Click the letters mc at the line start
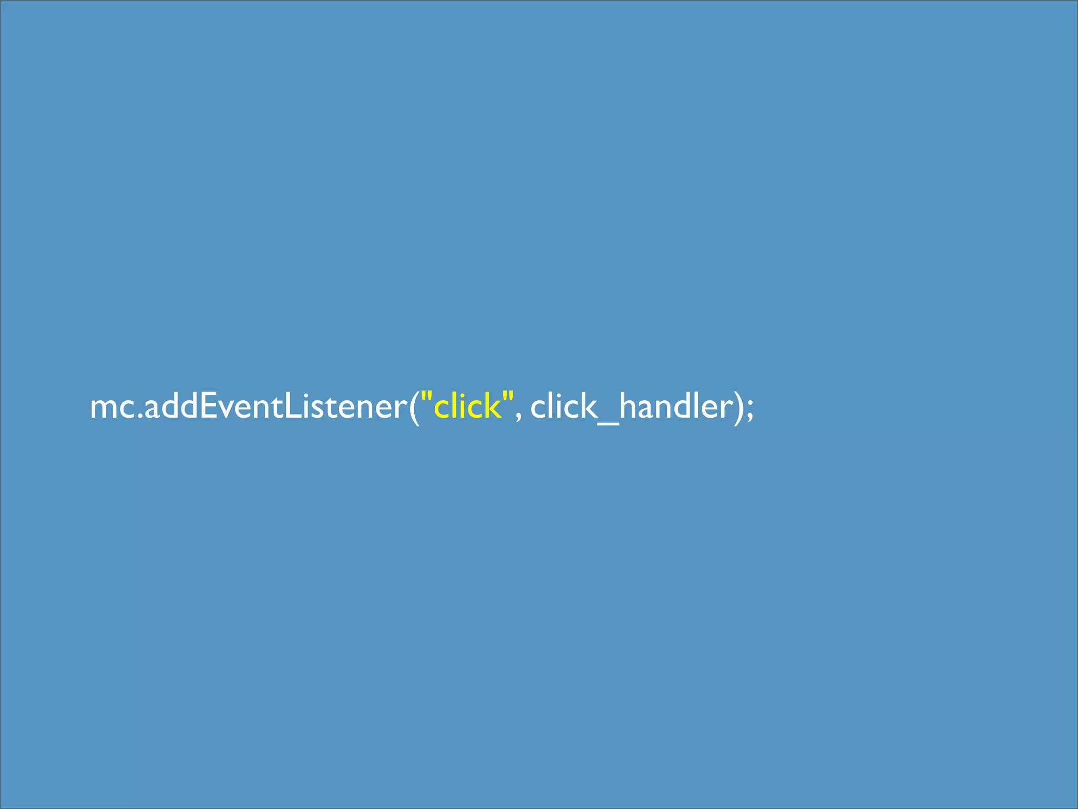[x=112, y=408]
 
